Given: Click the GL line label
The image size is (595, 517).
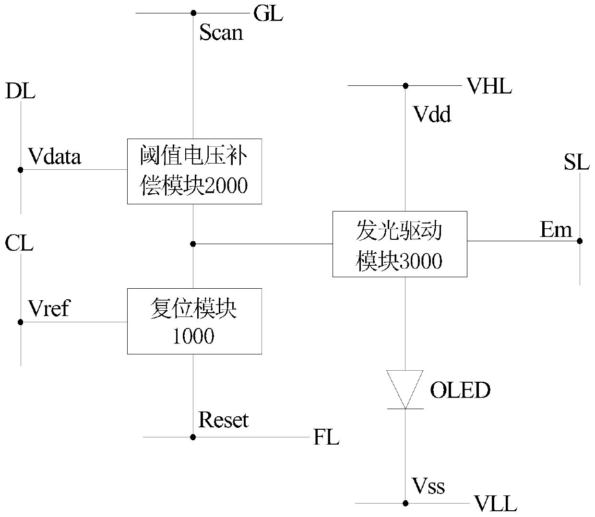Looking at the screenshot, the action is click(x=268, y=13).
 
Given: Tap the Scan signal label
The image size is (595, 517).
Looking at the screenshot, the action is click(x=221, y=32).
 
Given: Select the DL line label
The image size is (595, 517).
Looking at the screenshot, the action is click(x=20, y=91).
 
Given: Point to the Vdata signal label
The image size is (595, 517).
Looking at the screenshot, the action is click(x=55, y=156).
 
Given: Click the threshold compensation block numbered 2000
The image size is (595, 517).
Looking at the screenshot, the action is click(x=194, y=172).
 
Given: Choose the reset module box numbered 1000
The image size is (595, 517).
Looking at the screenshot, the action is click(x=194, y=321).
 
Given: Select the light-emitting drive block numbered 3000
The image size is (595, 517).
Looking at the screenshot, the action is click(x=400, y=244).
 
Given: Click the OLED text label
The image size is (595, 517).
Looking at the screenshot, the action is click(x=460, y=390).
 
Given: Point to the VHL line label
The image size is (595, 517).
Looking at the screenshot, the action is click(x=489, y=86).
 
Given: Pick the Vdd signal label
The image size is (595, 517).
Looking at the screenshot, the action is click(x=432, y=114).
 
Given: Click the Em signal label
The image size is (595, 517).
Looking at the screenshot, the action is click(x=556, y=230).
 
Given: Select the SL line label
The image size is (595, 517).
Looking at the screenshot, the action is click(x=577, y=162).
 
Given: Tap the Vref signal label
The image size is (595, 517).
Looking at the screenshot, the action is click(x=49, y=308).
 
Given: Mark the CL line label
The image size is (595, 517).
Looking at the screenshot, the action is click(x=19, y=243).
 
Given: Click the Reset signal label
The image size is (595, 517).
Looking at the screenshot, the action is click(x=223, y=420).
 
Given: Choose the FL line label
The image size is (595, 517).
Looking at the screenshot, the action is click(x=326, y=437).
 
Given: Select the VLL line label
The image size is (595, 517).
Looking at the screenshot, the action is click(x=496, y=504).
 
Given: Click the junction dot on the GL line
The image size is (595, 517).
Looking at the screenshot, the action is click(x=193, y=13).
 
